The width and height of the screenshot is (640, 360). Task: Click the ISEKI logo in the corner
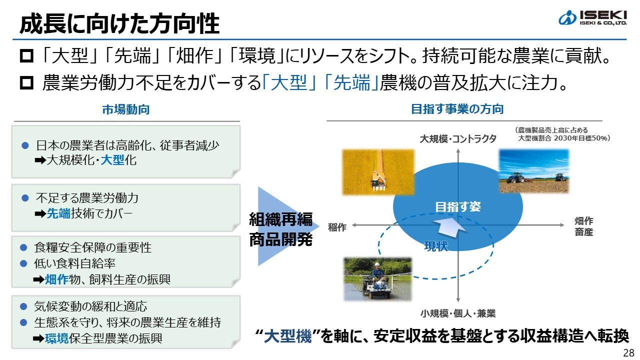point(592,18)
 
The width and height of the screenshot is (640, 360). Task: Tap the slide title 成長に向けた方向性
point(119,23)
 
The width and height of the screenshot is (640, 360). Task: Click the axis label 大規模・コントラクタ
point(458,138)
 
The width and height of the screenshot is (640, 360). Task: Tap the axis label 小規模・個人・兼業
point(458,314)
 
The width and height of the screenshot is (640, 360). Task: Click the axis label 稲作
point(337,227)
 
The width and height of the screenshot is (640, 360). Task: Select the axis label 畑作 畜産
point(583,226)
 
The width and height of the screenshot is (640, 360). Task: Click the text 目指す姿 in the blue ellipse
point(458,206)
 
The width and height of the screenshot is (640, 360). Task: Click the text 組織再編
point(280,219)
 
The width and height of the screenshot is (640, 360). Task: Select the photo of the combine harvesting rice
point(378,172)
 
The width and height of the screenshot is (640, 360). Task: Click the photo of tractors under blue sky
point(534,171)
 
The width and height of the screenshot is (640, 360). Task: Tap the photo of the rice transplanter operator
point(377,279)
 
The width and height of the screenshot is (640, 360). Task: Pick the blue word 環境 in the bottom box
point(56,338)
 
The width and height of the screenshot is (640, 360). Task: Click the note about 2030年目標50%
point(564,134)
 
